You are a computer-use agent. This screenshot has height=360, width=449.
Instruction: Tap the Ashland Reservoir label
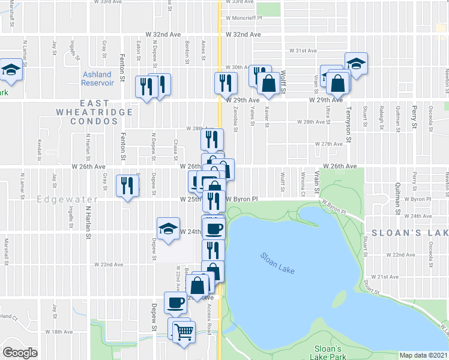click(x=97, y=78)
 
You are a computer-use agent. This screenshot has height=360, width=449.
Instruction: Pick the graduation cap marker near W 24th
click(x=168, y=229)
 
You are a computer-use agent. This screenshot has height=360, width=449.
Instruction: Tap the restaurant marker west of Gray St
click(x=127, y=185)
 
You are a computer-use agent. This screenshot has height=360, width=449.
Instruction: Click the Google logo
click(x=20, y=352)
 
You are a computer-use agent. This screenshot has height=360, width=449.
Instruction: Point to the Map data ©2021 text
click(x=423, y=355)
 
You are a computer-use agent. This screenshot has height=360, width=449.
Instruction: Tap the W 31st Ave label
click(x=303, y=51)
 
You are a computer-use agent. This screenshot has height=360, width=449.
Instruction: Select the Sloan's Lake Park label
click(x=328, y=352)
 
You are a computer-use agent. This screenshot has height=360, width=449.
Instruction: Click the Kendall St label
click(x=38, y=146)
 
